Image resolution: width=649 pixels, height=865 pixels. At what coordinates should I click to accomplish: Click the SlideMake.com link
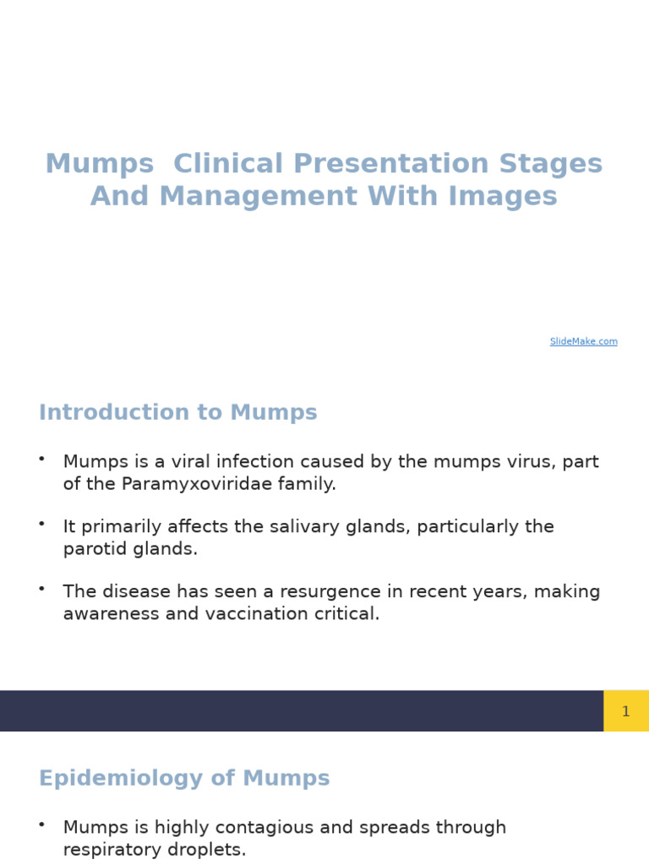click(583, 341)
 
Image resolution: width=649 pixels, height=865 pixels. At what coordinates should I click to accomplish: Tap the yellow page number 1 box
click(625, 711)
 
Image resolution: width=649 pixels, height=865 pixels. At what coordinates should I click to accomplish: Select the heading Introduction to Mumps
click(177, 413)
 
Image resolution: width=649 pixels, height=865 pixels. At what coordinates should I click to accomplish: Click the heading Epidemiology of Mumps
click(184, 779)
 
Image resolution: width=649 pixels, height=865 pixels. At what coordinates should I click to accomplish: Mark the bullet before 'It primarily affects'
click(41, 524)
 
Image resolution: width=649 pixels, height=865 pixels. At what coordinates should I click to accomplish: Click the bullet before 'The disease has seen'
click(41, 589)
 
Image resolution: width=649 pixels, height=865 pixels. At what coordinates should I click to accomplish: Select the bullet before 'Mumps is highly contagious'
click(41, 824)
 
